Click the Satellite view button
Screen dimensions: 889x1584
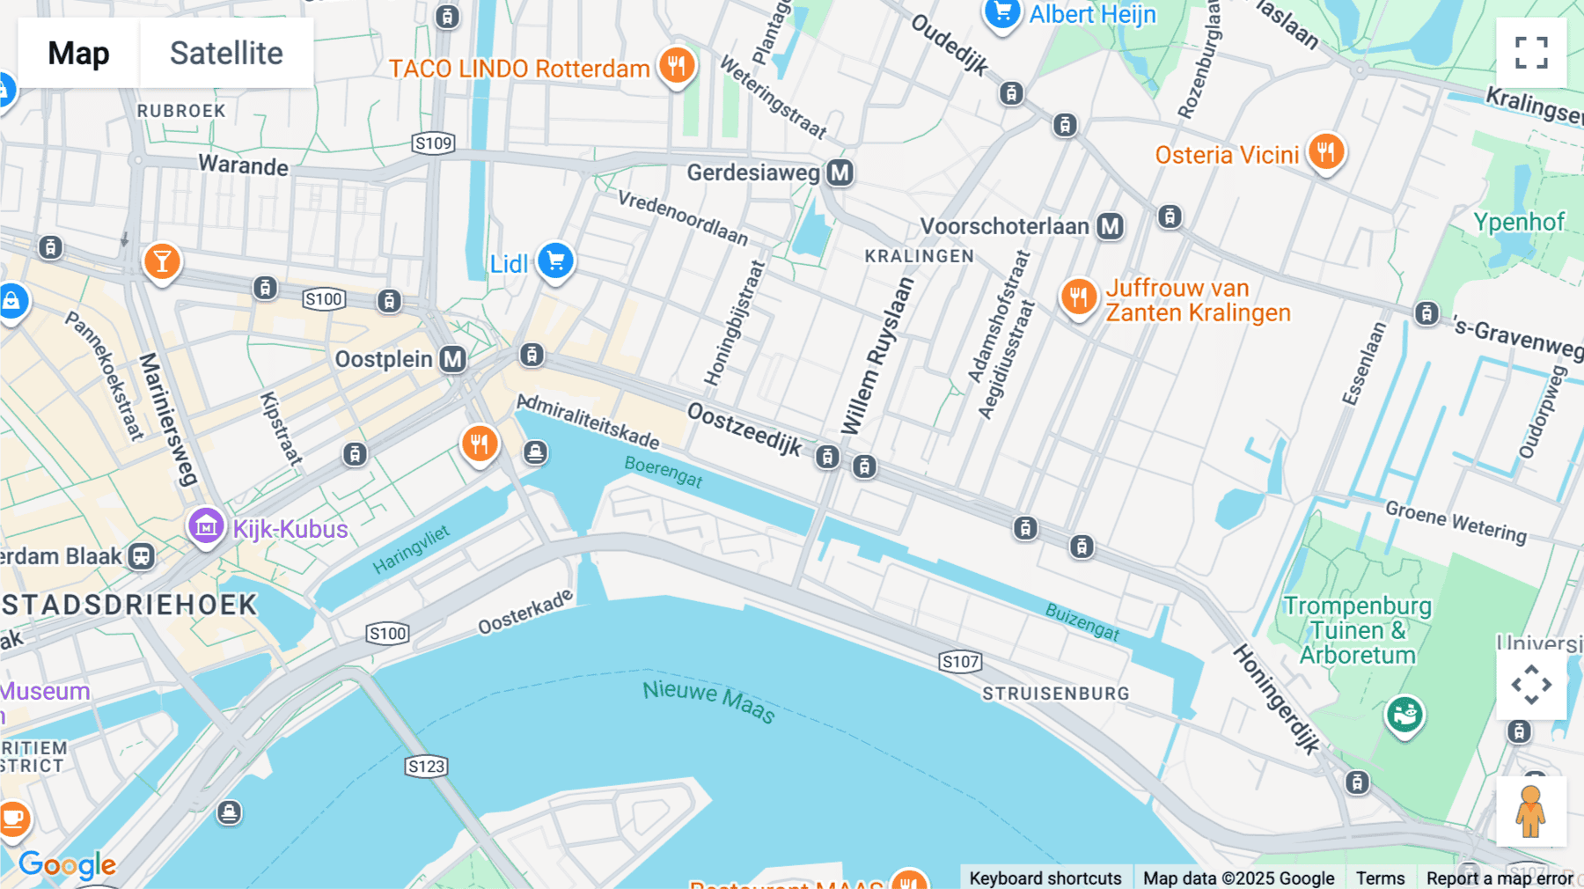pyautogui.click(x=226, y=53)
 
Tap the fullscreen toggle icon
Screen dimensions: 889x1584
pyautogui.click(x=1531, y=53)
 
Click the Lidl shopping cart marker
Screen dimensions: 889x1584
pyautogui.click(x=555, y=261)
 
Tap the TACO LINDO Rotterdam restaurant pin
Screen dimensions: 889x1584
pyautogui.click(x=677, y=66)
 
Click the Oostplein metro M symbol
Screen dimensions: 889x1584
pyautogui.click(x=453, y=359)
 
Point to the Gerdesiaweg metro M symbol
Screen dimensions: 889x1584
pyautogui.click(x=840, y=173)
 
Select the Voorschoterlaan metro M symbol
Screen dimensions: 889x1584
pyautogui.click(x=1110, y=226)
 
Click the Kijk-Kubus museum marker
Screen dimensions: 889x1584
pyautogui.click(x=206, y=526)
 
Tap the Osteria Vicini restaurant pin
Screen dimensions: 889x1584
pyautogui.click(x=1325, y=152)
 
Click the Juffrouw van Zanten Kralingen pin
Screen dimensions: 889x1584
pyautogui.click(x=1078, y=298)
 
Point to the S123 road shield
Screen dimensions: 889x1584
pyautogui.click(x=427, y=767)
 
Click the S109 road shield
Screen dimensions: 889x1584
pyautogui.click(x=433, y=143)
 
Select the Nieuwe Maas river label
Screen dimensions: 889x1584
pyautogui.click(x=708, y=701)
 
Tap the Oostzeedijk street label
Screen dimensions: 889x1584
pyautogui.click(x=744, y=429)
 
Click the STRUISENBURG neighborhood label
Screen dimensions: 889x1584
pyautogui.click(x=1055, y=694)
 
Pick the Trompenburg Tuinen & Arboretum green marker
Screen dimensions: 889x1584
pyautogui.click(x=1404, y=715)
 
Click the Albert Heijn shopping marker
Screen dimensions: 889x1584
pyautogui.click(x=1002, y=13)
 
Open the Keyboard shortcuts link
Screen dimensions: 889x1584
pyautogui.click(x=1045, y=878)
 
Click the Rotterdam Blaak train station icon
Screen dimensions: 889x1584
pyautogui.click(x=142, y=556)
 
